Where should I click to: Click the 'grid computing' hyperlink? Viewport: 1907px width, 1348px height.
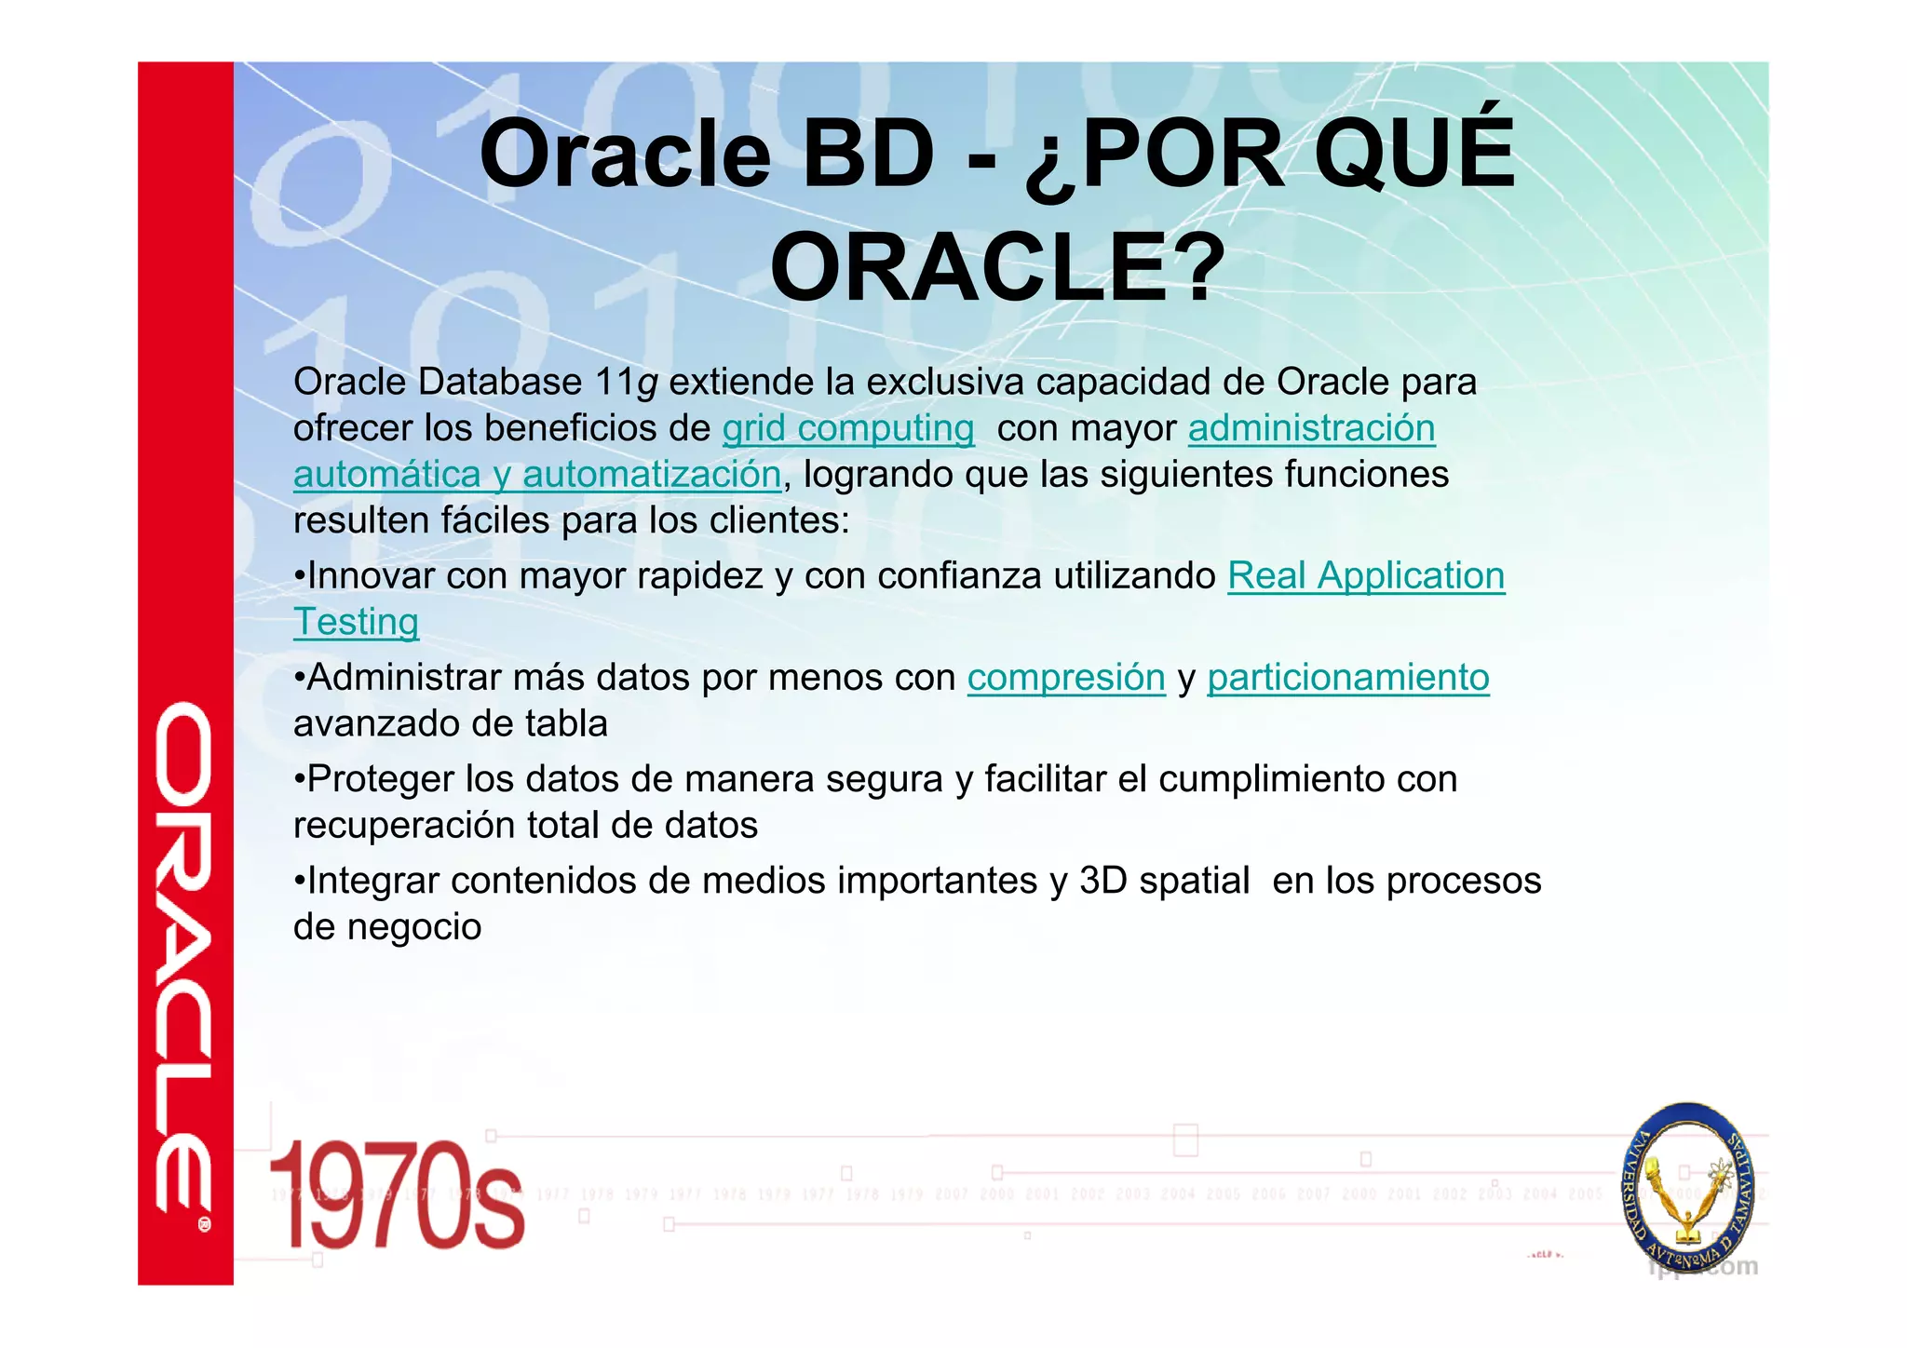point(848,428)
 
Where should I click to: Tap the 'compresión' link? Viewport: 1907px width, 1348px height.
point(1066,678)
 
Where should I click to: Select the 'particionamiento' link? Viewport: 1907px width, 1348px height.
point(1348,678)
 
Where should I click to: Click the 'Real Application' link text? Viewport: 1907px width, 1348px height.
point(1366,576)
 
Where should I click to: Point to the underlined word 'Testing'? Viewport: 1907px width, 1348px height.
point(356,622)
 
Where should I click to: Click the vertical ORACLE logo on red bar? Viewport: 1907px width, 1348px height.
point(183,959)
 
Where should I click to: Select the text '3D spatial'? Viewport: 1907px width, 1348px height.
point(1164,881)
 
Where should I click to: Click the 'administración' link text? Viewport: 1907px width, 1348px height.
point(1311,428)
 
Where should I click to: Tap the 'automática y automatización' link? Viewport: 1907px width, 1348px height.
point(537,475)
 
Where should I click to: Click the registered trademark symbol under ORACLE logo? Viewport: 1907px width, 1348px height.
point(204,1225)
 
